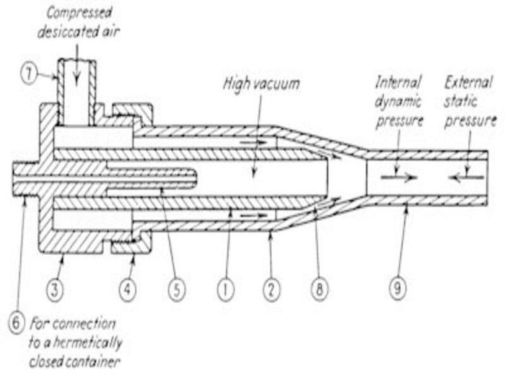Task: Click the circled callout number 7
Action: coord(30,75)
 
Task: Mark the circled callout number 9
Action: coord(398,288)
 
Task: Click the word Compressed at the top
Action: coord(79,13)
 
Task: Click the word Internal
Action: coord(398,82)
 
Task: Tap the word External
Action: coord(468,82)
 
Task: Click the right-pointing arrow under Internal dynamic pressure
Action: coord(399,177)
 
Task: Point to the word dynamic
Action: coord(398,102)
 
